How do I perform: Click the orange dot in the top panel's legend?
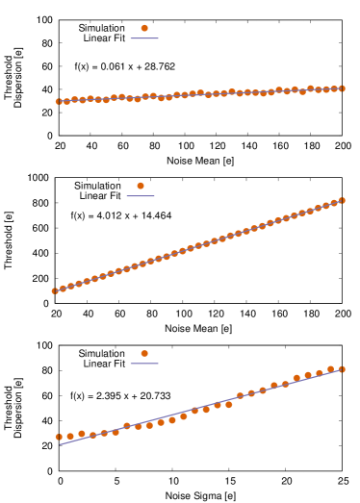(144, 28)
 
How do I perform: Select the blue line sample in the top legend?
(144, 38)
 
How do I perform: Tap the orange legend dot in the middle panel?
(141, 186)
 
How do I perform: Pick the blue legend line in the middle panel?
(141, 196)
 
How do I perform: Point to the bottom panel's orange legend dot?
(144, 353)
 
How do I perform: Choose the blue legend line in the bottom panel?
(144, 364)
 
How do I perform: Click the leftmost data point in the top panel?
(59, 101)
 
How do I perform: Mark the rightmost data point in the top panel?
(342, 88)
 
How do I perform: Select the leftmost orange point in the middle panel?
(55, 290)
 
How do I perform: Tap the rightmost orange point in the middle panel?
(342, 200)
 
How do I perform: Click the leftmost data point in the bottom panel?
(59, 437)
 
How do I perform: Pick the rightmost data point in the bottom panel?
(342, 369)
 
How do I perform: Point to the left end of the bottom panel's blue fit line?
(60, 444)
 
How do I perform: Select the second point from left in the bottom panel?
(70, 436)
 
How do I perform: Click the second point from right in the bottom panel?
(330, 368)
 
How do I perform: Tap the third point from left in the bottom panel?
(82, 434)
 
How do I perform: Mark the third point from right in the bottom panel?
(320, 373)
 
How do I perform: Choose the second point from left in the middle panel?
(63, 288)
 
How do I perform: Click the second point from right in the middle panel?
(334, 203)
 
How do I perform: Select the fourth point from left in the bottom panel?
(93, 435)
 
